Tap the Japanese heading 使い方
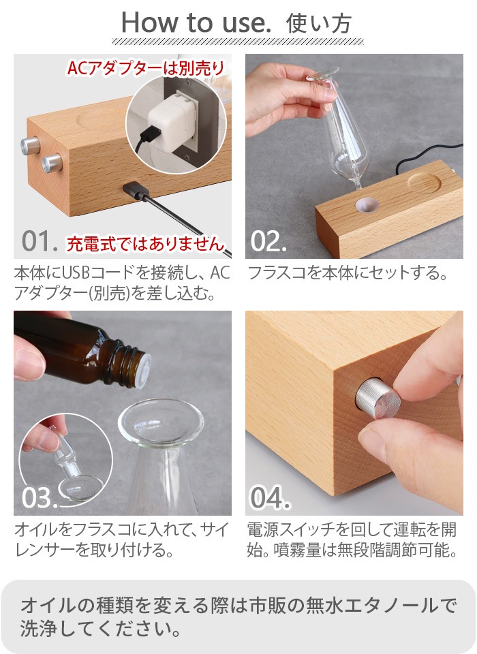(319, 23)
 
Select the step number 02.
(268, 240)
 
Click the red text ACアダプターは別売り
(145, 68)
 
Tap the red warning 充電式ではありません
(144, 243)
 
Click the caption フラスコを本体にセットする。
(347, 274)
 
